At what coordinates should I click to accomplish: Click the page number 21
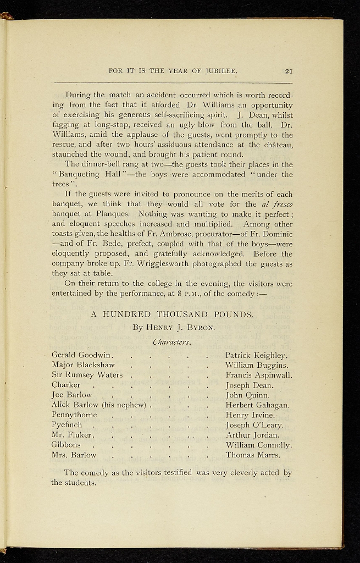[288, 70]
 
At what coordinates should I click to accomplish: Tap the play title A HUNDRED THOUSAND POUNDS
[172, 315]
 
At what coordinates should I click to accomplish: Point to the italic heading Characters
[171, 342]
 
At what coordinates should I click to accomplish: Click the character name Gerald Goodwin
[82, 355]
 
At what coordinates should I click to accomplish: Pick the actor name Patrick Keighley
[257, 356]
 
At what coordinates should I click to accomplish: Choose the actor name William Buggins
[257, 365]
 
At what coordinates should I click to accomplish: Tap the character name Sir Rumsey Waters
[87, 375]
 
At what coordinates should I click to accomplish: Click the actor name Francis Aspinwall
[258, 375]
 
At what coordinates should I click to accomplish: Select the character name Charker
[66, 385]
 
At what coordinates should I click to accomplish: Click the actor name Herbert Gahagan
[257, 405]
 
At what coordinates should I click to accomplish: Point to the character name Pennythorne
[74, 415]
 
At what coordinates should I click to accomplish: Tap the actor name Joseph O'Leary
[254, 425]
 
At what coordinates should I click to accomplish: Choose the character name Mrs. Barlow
[74, 455]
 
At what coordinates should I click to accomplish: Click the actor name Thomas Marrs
[253, 455]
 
